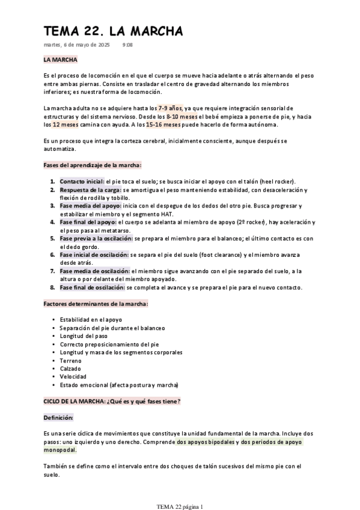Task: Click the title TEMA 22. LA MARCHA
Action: click(113, 31)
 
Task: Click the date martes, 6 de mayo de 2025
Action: click(76, 45)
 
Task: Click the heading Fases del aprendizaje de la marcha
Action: click(93, 165)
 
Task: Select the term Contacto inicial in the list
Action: click(82, 181)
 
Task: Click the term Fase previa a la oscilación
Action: click(94, 238)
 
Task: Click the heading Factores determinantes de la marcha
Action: click(96, 304)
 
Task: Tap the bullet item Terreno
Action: click(70, 360)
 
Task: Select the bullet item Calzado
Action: click(70, 368)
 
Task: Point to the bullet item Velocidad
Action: click(72, 376)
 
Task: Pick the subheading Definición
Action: click(58, 417)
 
